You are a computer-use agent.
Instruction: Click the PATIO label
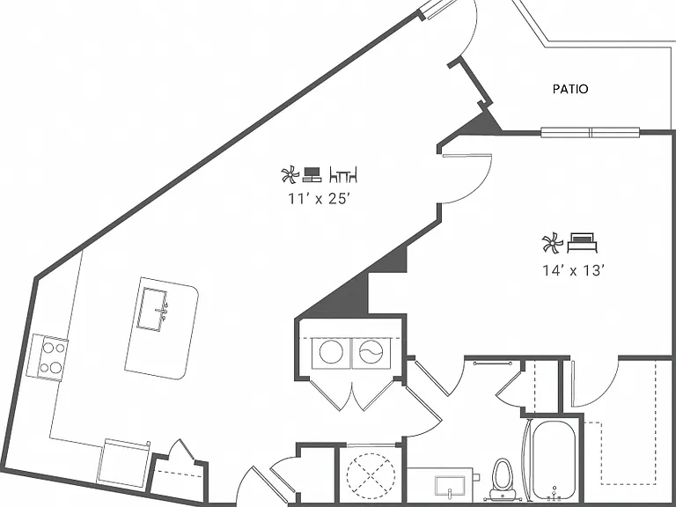(x=570, y=89)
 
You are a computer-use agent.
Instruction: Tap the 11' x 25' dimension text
(x=318, y=199)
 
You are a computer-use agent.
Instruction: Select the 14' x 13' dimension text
(x=573, y=270)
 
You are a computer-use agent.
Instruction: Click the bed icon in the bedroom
(x=582, y=242)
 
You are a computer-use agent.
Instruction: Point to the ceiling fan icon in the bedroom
(x=553, y=243)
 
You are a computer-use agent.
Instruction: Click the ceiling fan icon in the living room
(x=290, y=174)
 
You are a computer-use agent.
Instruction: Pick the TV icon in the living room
(x=312, y=174)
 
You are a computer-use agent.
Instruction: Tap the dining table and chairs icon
(x=343, y=174)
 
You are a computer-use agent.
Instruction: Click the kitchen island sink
(x=151, y=310)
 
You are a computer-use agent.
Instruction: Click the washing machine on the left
(x=331, y=352)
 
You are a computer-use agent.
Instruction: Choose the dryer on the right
(x=371, y=352)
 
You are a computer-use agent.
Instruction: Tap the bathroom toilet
(x=502, y=478)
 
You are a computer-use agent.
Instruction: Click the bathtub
(x=554, y=460)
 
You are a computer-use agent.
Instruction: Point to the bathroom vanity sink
(x=450, y=486)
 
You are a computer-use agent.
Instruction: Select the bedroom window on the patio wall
(x=591, y=132)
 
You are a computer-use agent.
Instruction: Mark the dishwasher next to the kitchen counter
(x=123, y=463)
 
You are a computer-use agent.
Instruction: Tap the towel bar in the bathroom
(x=492, y=364)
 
